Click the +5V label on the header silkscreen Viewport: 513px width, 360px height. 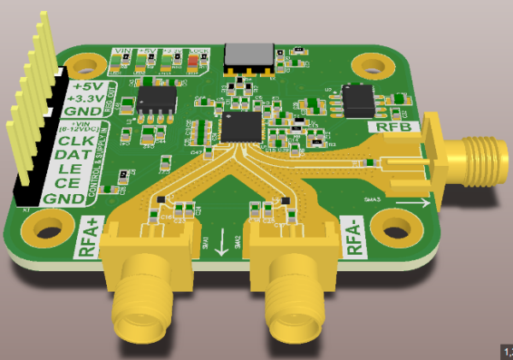point(88,86)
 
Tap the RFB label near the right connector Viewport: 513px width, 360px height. point(394,127)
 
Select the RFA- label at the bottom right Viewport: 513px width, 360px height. point(359,235)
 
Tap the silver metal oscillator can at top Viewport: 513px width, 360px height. point(249,56)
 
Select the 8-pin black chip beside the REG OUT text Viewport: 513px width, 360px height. point(156,103)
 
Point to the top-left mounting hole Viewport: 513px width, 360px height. point(85,63)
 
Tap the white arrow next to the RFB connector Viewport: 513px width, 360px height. point(419,203)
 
